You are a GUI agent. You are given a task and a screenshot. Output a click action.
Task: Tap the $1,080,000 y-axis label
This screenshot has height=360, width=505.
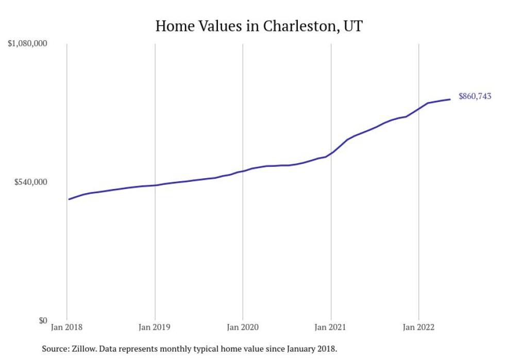tap(27, 44)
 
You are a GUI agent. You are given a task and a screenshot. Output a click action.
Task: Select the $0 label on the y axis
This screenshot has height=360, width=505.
tap(42, 320)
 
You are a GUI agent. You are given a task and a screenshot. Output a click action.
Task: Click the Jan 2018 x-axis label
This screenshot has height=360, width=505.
tap(67, 327)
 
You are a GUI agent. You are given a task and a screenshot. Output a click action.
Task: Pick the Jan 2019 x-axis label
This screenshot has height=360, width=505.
tap(155, 327)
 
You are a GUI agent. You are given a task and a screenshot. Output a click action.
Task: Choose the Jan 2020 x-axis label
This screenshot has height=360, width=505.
tap(243, 327)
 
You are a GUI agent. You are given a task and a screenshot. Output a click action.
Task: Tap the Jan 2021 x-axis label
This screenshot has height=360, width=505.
tap(331, 327)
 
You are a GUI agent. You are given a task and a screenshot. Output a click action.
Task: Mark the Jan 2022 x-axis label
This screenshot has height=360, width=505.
tap(418, 327)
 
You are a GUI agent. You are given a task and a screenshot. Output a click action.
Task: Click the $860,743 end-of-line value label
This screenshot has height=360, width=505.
tap(475, 96)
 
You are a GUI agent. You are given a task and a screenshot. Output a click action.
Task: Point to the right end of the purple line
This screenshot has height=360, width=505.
tap(450, 99)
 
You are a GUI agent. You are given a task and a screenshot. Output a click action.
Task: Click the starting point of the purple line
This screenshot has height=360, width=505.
tap(69, 199)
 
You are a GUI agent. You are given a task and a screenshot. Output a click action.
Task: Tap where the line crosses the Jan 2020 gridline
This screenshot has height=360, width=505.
tap(243, 171)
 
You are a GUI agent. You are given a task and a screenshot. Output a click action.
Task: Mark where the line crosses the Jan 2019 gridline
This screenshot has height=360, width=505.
tap(155, 185)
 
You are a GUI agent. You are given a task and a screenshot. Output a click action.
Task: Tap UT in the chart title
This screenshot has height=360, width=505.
tap(352, 26)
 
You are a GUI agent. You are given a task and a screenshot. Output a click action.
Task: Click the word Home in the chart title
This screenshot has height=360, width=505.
tap(172, 26)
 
